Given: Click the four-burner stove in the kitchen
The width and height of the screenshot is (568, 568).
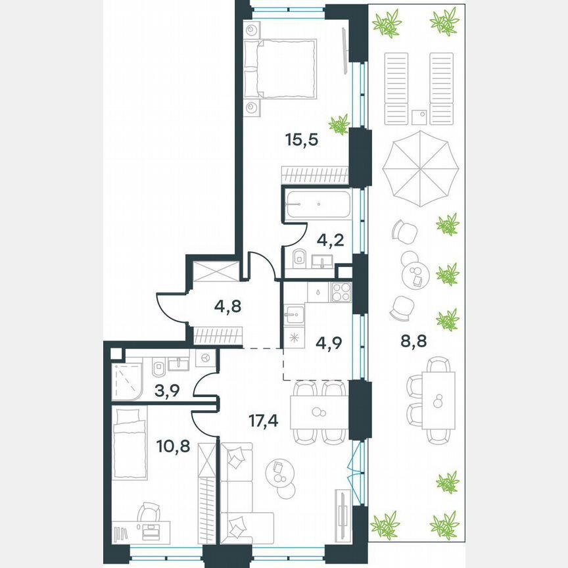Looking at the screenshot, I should (x=341, y=291).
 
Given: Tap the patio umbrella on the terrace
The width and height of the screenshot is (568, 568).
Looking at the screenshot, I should (x=420, y=168).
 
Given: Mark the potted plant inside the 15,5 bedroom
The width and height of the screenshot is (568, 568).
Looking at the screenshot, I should (x=339, y=124).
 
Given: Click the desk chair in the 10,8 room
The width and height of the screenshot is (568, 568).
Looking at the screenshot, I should (x=150, y=512).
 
